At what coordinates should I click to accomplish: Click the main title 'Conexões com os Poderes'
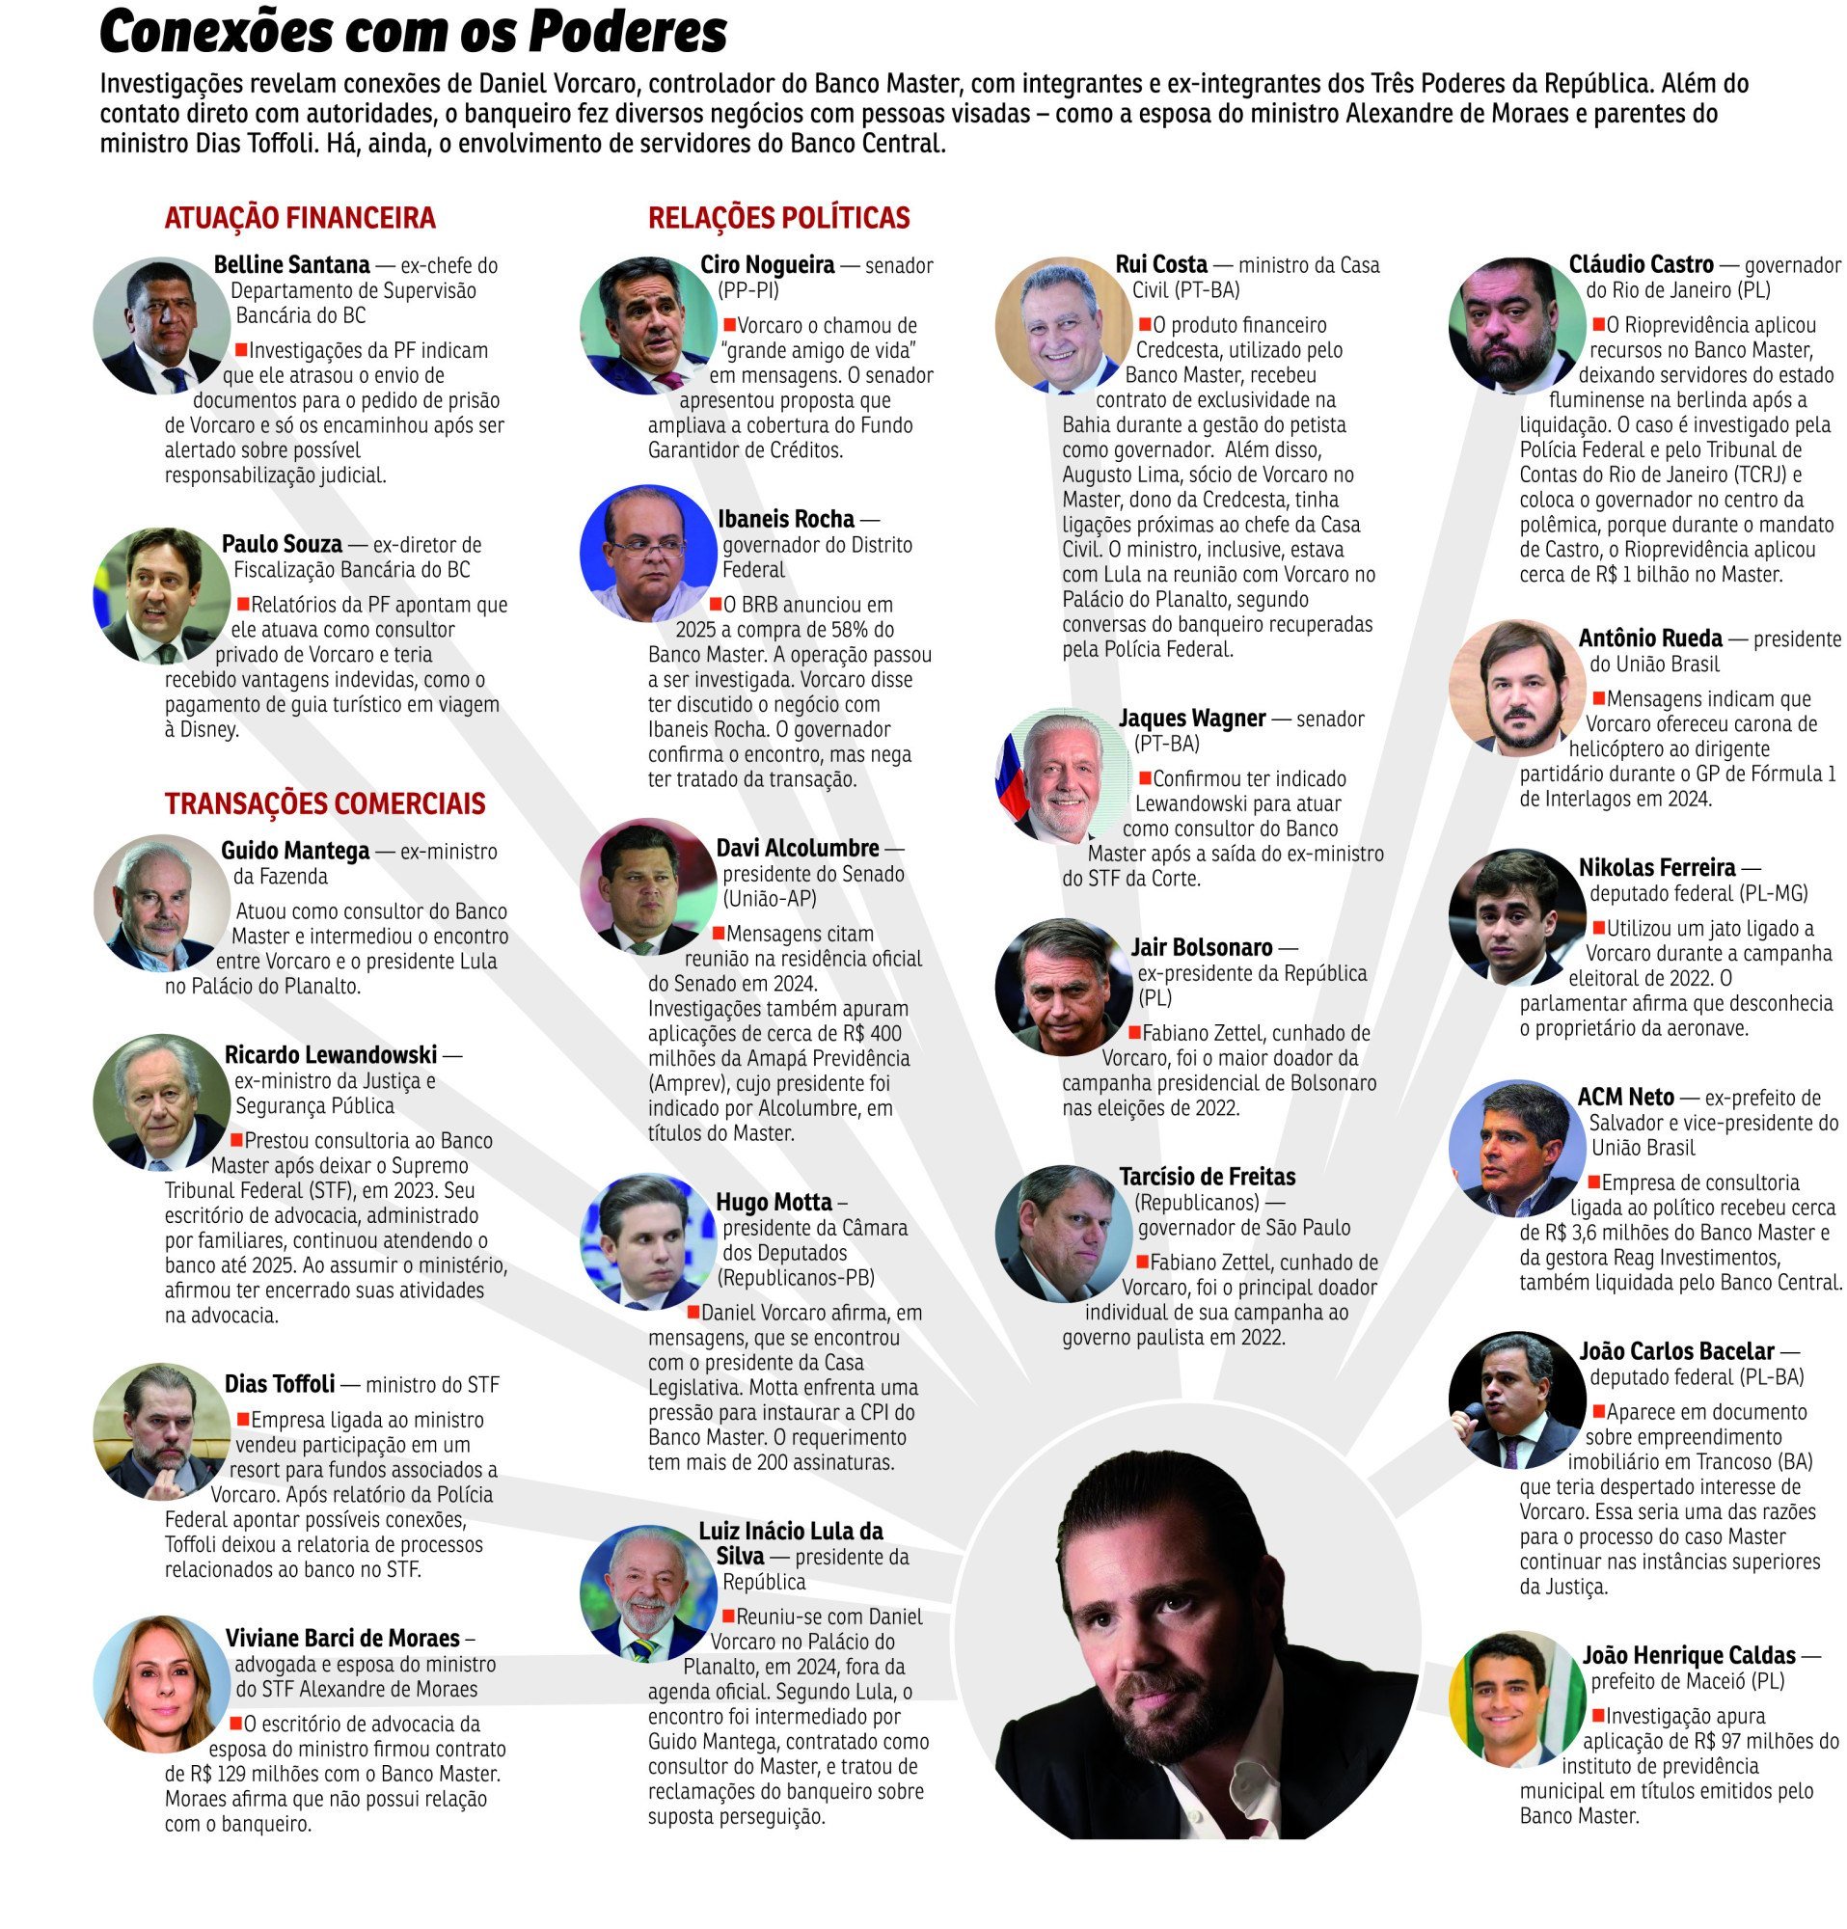point(414,34)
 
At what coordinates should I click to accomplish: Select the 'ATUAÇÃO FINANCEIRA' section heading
point(299,218)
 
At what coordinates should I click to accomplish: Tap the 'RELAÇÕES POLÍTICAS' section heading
point(778,218)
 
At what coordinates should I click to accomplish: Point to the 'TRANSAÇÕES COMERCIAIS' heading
point(325,803)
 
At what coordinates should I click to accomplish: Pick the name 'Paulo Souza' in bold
point(282,544)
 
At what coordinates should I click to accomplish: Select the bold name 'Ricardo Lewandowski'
point(331,1055)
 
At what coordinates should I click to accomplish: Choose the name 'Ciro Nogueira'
point(767,264)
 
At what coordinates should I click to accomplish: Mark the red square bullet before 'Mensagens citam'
point(719,932)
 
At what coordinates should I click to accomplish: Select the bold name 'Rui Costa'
point(1161,264)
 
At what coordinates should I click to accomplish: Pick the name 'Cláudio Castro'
point(1641,264)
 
